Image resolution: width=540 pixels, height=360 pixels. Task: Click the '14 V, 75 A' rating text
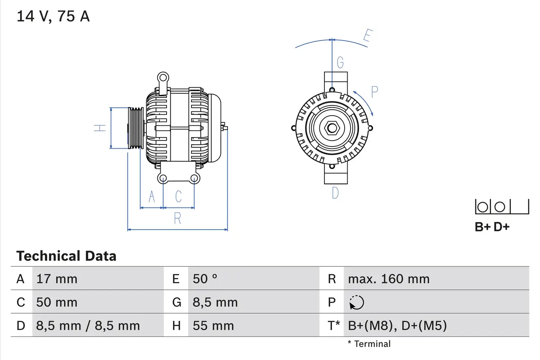click(53, 16)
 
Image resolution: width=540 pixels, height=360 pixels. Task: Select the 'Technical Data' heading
click(66, 256)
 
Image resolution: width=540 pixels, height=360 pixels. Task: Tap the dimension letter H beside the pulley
click(100, 128)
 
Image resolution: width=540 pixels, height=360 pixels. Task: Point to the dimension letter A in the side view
click(151, 196)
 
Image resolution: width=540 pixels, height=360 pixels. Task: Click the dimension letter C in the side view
click(178, 196)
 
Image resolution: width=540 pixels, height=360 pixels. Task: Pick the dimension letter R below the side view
click(178, 219)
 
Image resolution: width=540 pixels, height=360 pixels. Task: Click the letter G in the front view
click(340, 63)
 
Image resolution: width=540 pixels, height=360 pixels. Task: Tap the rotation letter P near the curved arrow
click(374, 92)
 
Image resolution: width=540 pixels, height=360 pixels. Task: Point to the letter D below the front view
click(335, 193)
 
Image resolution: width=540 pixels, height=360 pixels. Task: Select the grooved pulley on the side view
click(136, 128)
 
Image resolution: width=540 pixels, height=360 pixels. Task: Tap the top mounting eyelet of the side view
click(163, 77)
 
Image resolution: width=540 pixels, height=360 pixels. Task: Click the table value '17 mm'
click(57, 279)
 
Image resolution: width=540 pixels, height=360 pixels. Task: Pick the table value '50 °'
click(205, 279)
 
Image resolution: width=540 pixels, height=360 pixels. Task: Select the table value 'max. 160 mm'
click(389, 279)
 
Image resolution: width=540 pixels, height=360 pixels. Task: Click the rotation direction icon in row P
click(356, 303)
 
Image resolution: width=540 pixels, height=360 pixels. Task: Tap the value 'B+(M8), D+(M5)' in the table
click(397, 325)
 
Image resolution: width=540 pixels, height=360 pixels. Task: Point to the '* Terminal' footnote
click(369, 344)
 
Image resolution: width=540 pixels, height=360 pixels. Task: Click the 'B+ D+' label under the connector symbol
click(492, 227)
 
